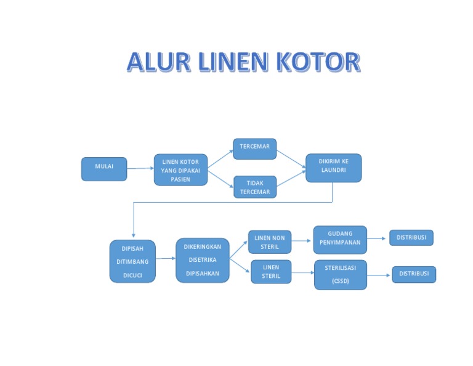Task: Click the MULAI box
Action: (104, 169)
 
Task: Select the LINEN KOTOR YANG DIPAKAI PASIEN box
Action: (180, 170)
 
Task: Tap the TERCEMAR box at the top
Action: (254, 148)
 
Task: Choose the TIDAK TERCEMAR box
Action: (255, 187)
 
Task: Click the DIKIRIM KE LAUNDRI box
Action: (333, 168)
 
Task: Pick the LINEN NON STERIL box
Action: (270, 242)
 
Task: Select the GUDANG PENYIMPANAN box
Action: (340, 240)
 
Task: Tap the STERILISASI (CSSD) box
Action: (340, 274)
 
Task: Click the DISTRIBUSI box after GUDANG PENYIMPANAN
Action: (411, 237)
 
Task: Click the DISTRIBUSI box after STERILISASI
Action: (414, 274)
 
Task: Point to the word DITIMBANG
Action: (132, 262)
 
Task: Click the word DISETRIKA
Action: (203, 260)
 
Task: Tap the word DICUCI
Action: (132, 275)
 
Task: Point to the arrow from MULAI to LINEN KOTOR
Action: (140, 168)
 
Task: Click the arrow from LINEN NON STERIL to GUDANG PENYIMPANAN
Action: (302, 240)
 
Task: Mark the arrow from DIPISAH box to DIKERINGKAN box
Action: (165, 259)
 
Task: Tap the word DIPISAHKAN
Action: (203, 273)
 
